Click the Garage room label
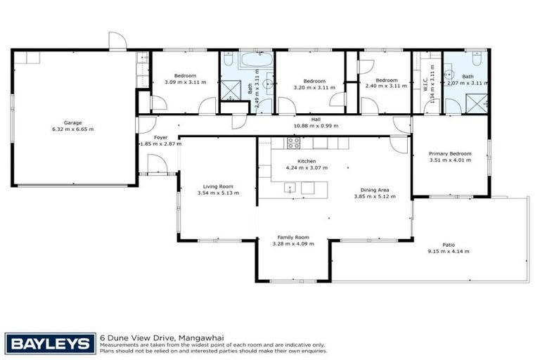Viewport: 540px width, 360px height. pos(72,122)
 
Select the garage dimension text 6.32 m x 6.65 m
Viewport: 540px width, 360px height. pos(72,129)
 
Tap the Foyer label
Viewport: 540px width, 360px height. pos(160,137)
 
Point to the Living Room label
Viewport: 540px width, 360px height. pos(215,186)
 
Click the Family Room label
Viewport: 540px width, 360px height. pos(293,237)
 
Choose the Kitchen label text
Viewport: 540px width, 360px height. pos(307,161)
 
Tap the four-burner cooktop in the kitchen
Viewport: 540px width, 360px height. pos(293,143)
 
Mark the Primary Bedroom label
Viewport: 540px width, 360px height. pos(450,153)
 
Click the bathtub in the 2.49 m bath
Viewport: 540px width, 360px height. pos(251,60)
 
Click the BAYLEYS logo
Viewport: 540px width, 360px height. pos(49,343)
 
